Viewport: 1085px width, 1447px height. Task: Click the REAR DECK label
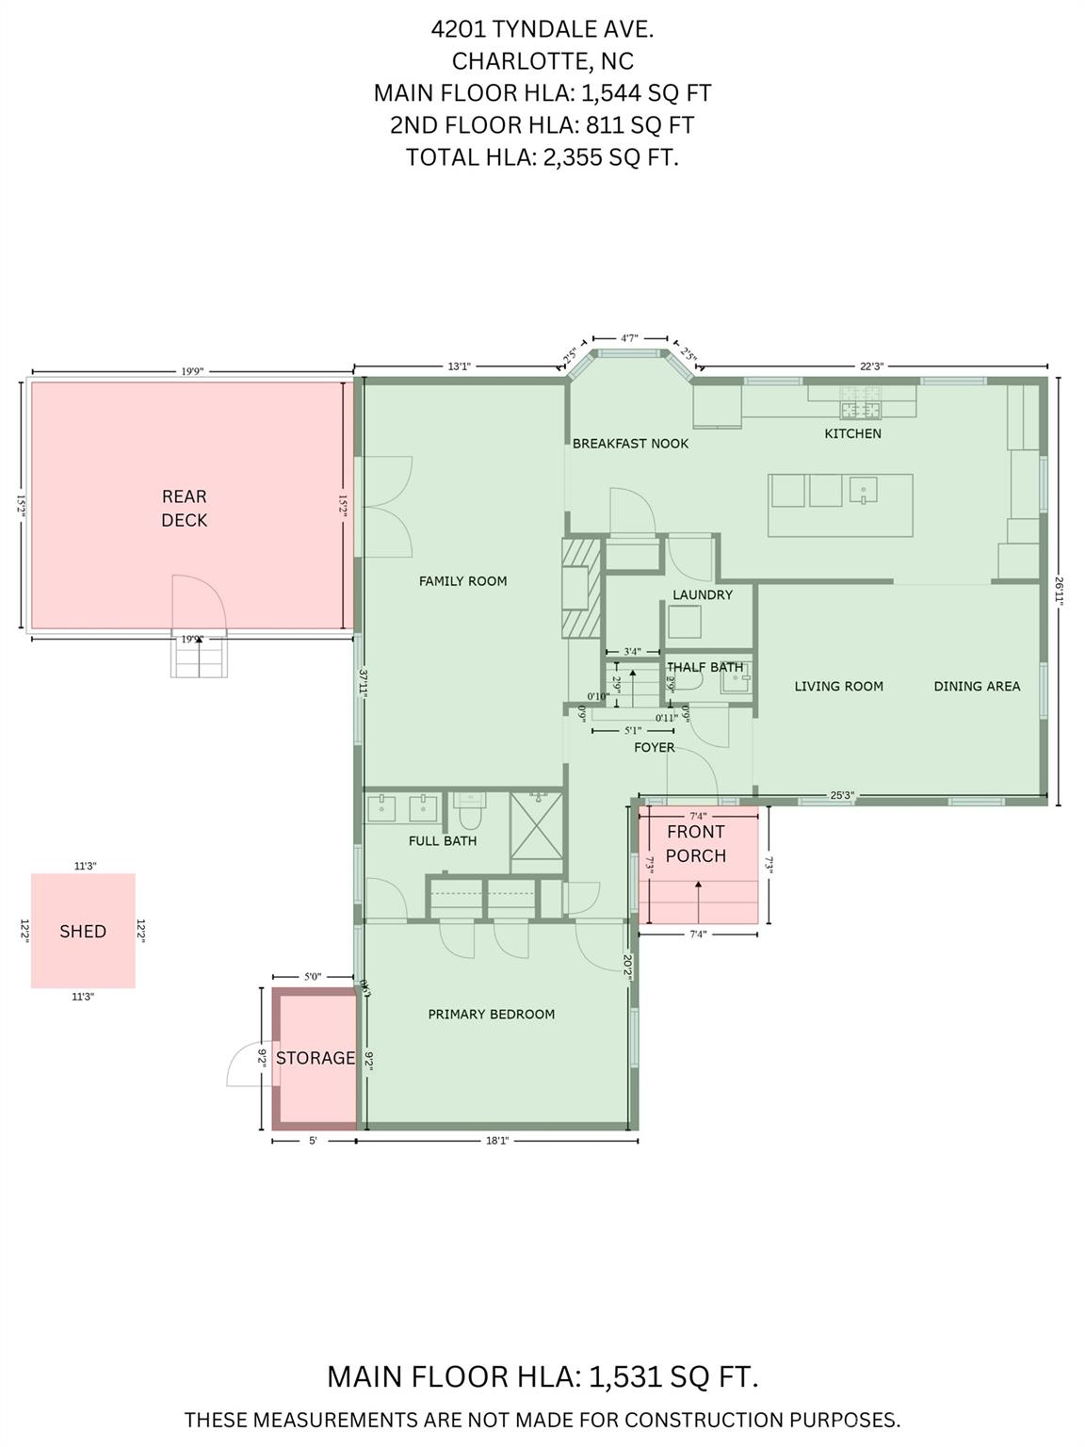point(184,508)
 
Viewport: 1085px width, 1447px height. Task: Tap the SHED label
point(83,931)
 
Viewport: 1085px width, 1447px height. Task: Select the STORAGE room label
point(315,1058)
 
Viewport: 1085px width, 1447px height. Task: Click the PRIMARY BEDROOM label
point(491,1014)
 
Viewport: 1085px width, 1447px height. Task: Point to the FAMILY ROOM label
point(462,581)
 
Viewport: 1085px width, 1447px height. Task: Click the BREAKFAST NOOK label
point(630,443)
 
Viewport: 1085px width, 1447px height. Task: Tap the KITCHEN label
point(852,433)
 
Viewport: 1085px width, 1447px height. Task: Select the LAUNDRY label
point(702,594)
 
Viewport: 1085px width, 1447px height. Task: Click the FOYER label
point(654,747)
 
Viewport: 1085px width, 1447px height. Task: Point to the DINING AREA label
point(977,686)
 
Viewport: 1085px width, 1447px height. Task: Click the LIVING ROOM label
point(838,686)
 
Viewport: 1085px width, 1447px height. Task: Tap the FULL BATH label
point(442,840)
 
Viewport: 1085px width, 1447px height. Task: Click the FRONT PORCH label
point(696,843)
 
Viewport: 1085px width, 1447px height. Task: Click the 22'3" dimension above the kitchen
point(871,366)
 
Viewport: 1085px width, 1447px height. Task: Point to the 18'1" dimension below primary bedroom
point(496,1141)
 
